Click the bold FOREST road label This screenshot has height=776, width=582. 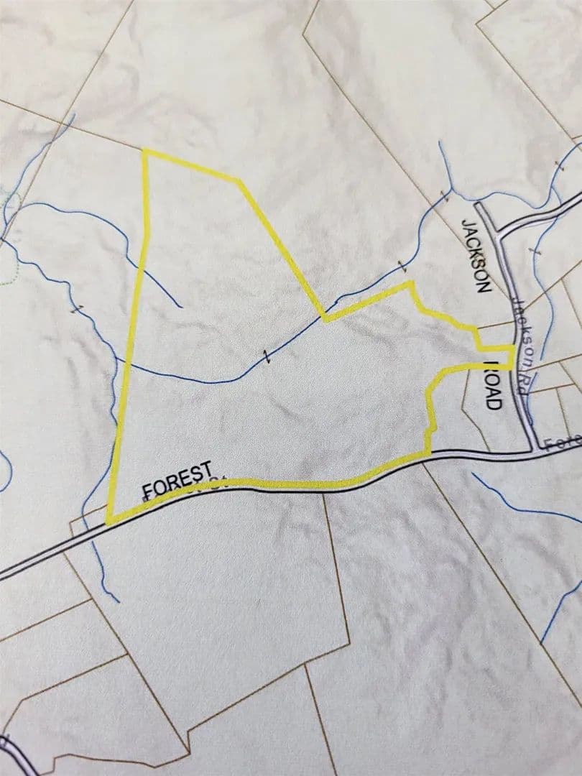(x=177, y=480)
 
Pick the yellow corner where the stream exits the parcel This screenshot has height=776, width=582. (x=325, y=318)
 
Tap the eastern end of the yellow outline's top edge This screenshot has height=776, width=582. (x=239, y=180)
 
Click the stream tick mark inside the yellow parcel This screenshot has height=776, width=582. (x=267, y=356)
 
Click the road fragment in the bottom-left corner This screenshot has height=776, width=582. (x=10, y=752)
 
